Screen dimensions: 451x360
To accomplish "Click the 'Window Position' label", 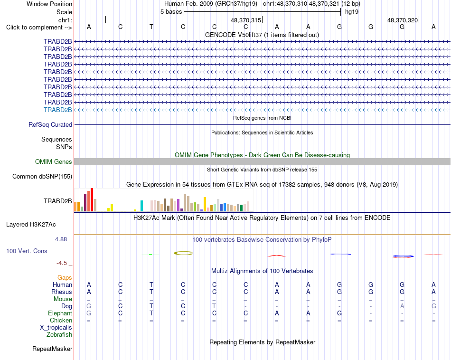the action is point(49,4).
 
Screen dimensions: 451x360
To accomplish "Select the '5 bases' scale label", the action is point(171,12).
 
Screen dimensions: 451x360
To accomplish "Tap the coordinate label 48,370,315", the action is point(246,20).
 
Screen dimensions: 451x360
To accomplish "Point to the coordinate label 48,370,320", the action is point(403,20).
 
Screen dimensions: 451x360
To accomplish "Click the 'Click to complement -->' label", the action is point(39,28).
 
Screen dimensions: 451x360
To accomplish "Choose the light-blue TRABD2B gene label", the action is point(58,110).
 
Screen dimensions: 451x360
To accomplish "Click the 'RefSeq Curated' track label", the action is point(50,124).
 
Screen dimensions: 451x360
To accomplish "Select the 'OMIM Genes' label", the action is point(54,162).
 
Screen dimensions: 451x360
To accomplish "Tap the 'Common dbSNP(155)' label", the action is point(42,176).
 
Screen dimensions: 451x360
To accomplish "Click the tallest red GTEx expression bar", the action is point(92,200).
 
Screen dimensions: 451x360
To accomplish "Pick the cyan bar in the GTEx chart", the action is point(141,206).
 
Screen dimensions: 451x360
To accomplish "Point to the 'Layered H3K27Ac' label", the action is point(31,225).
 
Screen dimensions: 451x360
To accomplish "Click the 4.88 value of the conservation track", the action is point(61,239).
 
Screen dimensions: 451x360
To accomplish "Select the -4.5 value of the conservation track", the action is point(62,263).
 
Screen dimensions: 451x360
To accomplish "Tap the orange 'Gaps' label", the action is point(65,277).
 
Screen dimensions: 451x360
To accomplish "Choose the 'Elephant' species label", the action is point(60,313).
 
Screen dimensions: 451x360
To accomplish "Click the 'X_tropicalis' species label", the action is point(56,328).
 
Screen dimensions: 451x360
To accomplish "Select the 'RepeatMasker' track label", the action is point(52,349).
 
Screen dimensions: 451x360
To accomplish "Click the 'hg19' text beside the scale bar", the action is point(352,12).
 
